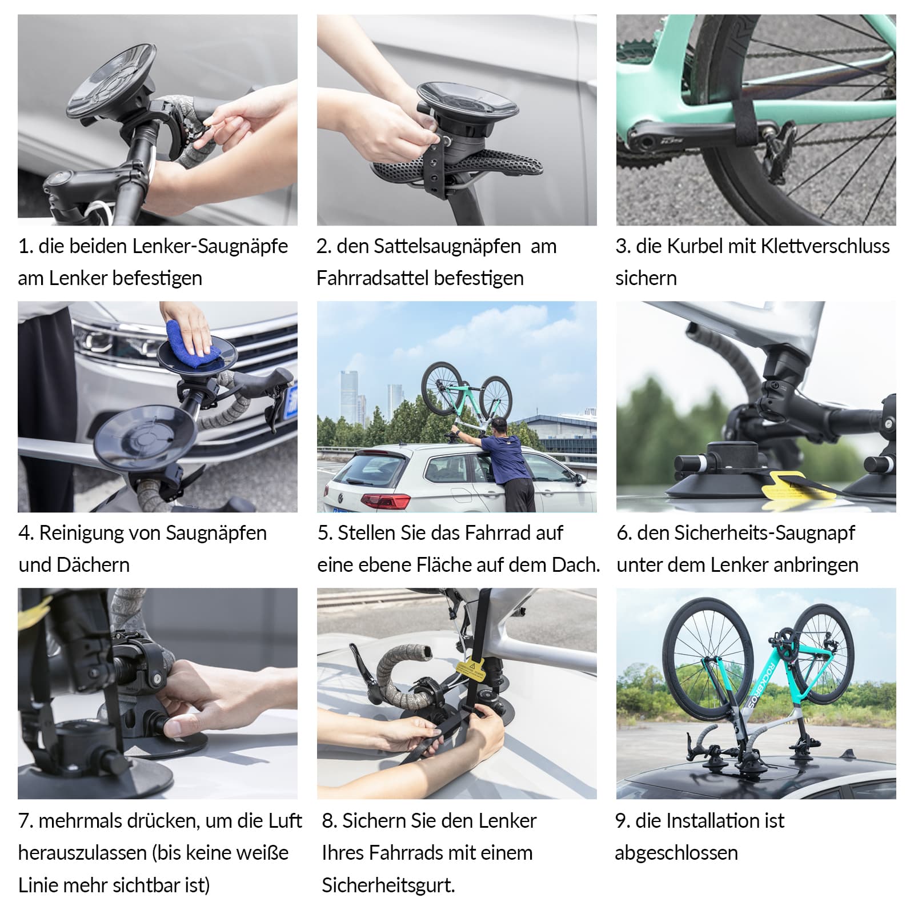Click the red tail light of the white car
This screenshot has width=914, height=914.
coord(386,502)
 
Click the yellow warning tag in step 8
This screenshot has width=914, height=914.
coord(470,668)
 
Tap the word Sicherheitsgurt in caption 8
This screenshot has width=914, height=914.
coord(388,885)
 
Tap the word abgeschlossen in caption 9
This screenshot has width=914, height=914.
coord(676,853)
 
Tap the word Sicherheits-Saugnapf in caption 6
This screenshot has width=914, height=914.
coord(745,533)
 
